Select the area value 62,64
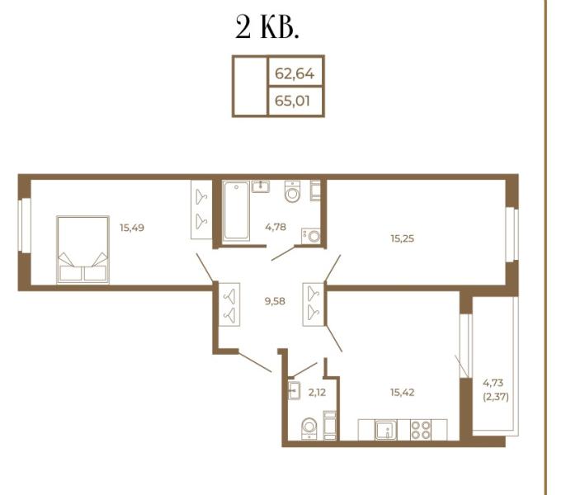pos(295,73)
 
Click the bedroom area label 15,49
pos(132,228)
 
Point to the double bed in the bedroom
pos(83,249)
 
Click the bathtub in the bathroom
pos(236,211)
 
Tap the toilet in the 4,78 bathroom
pos(293,191)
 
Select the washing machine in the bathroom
pos(311,235)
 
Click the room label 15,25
pos(403,238)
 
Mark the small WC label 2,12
pos(318,392)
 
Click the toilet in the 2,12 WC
pos(309,427)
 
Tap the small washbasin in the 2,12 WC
pos(294,392)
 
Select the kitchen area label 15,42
pos(403,392)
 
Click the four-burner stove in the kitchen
pos(420,430)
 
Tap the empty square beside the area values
pos(249,87)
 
